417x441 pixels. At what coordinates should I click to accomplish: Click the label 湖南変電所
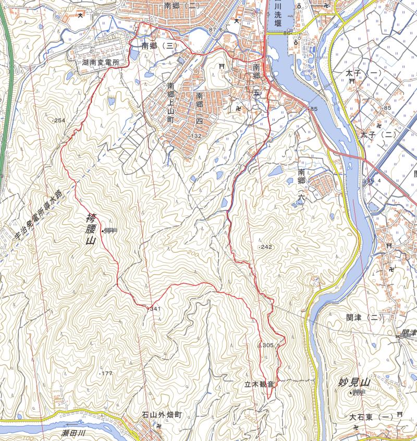pyautogui.click(x=101, y=62)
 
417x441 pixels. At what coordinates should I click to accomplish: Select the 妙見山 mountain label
pyautogui.click(x=354, y=383)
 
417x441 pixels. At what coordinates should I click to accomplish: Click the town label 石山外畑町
pyautogui.click(x=161, y=415)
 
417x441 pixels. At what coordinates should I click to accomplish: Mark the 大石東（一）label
pyautogui.click(x=371, y=417)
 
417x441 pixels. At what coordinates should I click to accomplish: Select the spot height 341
pyautogui.click(x=154, y=309)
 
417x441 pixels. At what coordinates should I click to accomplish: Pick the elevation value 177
pyautogui.click(x=107, y=373)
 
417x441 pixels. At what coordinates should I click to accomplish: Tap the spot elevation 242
pyautogui.click(x=266, y=246)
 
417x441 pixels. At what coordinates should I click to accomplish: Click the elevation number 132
pyautogui.click(x=196, y=136)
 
